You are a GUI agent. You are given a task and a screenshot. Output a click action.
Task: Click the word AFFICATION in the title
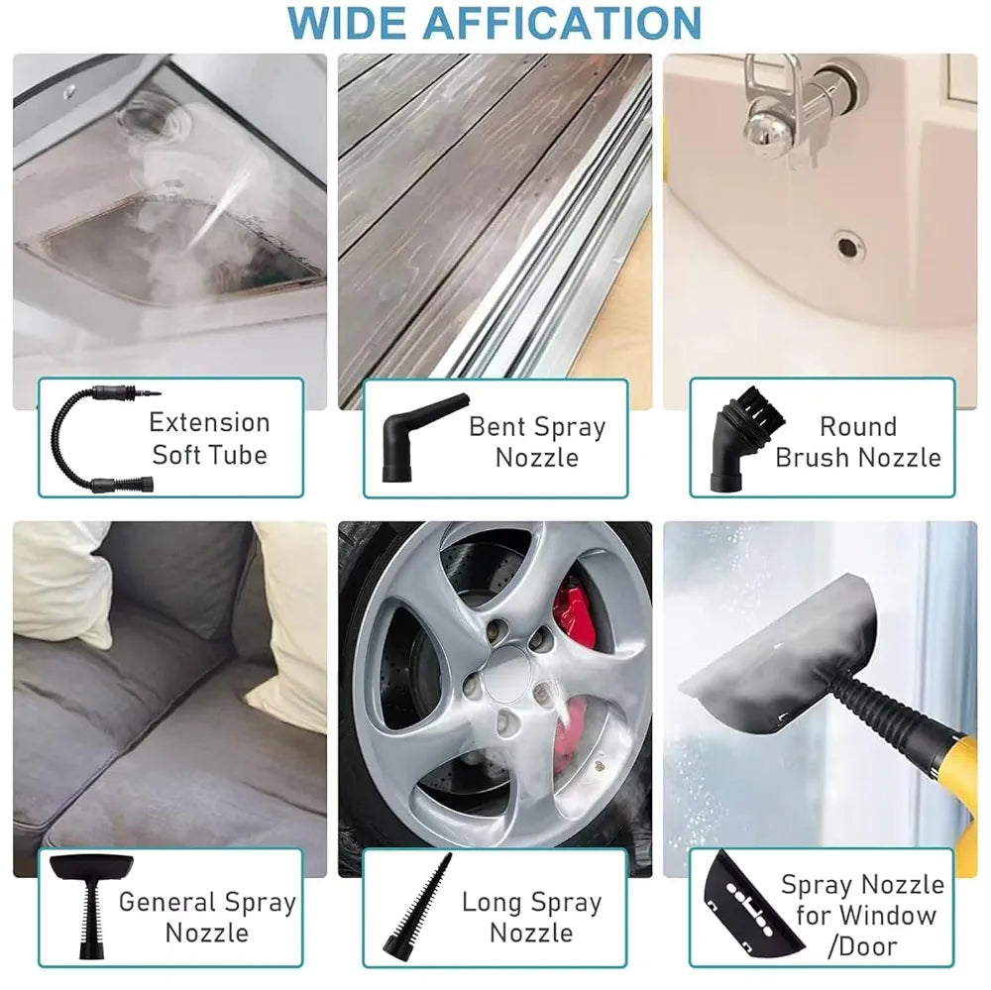pos(563,24)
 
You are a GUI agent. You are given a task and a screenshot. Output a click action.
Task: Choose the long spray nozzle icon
pos(418,904)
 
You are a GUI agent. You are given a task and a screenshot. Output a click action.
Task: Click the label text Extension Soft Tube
pos(210,439)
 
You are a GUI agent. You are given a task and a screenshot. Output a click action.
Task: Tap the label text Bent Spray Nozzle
pos(537,442)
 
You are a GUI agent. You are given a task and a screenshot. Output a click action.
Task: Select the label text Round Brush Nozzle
pos(858,442)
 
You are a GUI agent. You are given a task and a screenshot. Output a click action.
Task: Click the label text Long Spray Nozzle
pos(531,918)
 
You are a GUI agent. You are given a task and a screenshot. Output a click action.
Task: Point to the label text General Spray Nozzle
pos(207,918)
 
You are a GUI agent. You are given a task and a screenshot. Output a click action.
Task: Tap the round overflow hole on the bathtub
pos(848,247)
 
